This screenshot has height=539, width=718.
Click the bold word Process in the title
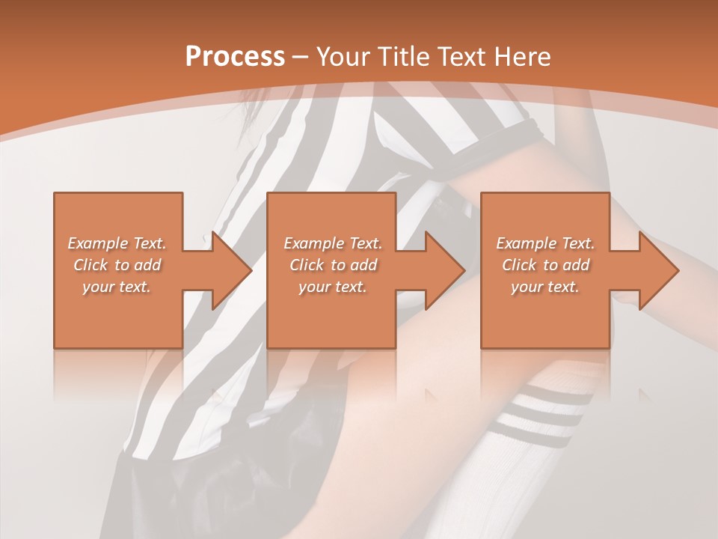pos(235,57)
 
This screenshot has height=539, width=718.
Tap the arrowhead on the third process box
pos(658,270)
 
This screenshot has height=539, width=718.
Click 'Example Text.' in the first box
pos(117,243)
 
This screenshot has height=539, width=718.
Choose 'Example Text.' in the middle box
pos(333,243)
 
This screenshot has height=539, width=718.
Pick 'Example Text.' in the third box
pos(545,243)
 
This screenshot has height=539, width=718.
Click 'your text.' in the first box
pos(117,287)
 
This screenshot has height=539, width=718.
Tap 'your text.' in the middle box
pos(333,287)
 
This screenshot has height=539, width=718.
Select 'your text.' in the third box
pos(545,287)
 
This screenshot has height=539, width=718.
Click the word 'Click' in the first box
pos(90,265)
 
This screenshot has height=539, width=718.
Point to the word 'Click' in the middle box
pos(307,265)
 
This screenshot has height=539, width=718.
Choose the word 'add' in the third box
pos(576,265)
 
